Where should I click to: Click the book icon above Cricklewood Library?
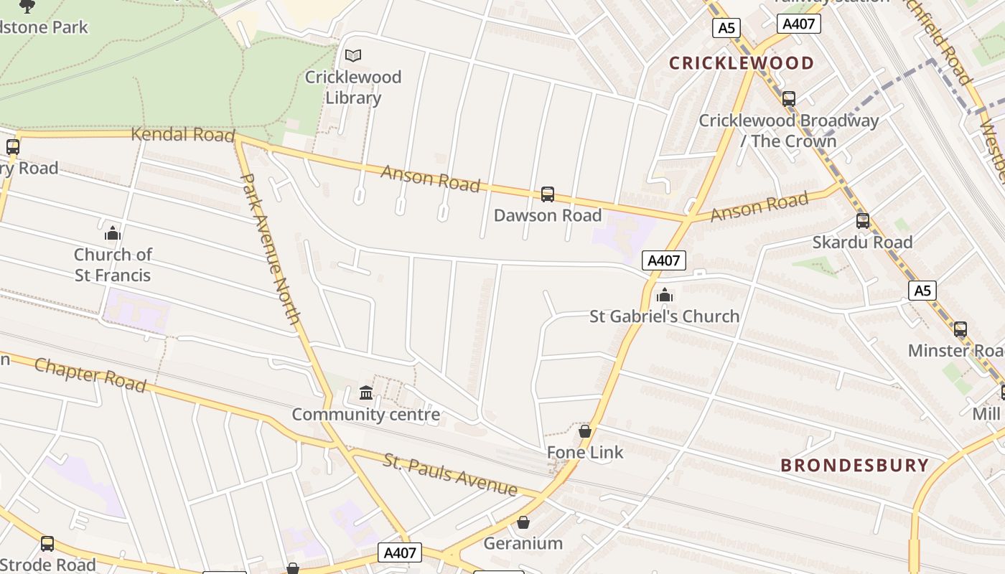(x=352, y=55)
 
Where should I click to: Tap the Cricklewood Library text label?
(x=353, y=87)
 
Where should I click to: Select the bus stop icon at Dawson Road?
(x=548, y=194)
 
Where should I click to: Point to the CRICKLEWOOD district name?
(x=742, y=63)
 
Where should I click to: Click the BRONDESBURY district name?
(x=854, y=465)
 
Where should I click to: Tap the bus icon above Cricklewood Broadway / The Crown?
(x=789, y=99)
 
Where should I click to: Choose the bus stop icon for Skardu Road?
(x=863, y=221)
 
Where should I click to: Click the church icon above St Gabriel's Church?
(x=665, y=295)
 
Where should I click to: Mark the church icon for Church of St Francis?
(x=112, y=233)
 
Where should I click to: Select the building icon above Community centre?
(x=366, y=393)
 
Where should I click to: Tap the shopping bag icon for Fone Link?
(x=585, y=431)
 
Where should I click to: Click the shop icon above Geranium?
(x=523, y=522)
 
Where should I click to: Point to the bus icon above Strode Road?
(x=47, y=544)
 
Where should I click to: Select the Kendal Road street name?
(x=183, y=134)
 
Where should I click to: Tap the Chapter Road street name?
(x=90, y=375)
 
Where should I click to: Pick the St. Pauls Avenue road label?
(x=450, y=474)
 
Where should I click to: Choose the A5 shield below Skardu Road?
(x=922, y=291)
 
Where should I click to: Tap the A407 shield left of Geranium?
(x=400, y=553)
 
